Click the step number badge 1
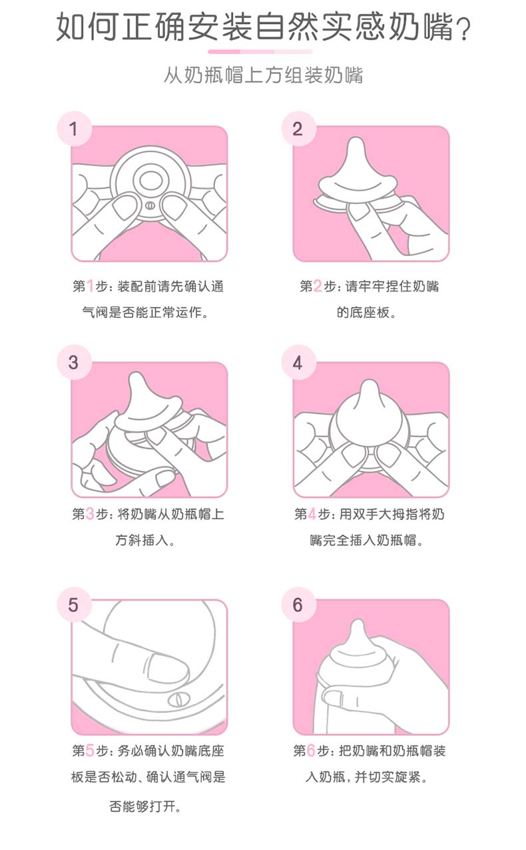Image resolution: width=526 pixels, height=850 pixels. [x=74, y=129]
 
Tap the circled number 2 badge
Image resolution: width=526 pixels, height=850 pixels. [x=298, y=129]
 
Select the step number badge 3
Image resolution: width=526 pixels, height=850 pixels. [x=74, y=363]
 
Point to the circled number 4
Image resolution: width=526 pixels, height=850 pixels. [x=298, y=363]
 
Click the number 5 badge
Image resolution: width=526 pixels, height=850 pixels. [x=74, y=605]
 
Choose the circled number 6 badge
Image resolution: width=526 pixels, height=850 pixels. [x=298, y=605]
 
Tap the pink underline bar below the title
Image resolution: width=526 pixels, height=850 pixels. [x=260, y=51]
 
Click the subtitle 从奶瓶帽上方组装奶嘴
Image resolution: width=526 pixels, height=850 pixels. [x=264, y=75]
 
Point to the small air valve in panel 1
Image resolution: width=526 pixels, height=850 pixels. [x=150, y=206]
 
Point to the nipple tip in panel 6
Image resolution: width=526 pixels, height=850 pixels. [x=358, y=627]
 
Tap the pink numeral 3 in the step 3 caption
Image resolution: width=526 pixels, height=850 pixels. [x=90, y=514]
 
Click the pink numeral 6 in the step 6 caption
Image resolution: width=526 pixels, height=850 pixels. [x=311, y=750]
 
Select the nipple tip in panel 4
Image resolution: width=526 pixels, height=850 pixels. [x=368, y=388]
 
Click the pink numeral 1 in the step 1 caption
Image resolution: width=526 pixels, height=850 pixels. [x=90, y=286]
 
